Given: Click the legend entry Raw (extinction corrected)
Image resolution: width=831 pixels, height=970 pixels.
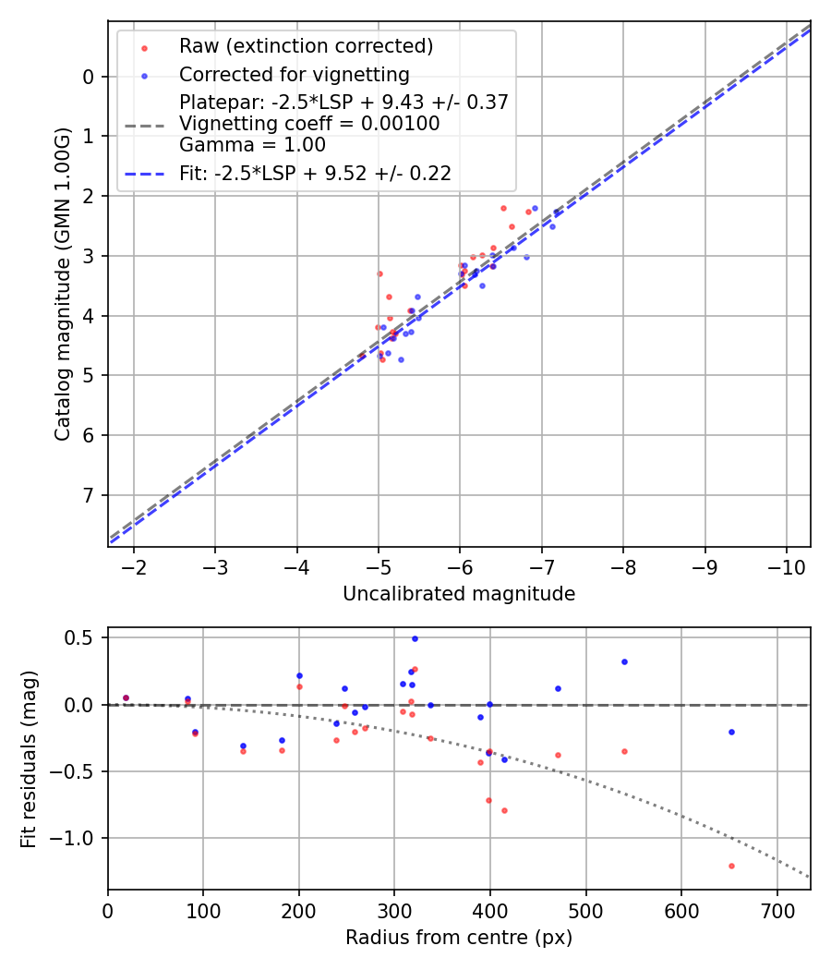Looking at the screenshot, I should click(x=306, y=46).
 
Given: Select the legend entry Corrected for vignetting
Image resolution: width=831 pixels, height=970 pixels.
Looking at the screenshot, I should click(x=294, y=74).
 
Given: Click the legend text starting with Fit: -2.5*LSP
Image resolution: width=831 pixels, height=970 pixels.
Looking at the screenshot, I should click(x=315, y=173).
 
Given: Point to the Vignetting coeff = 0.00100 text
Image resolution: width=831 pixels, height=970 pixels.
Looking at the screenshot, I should click(x=309, y=124).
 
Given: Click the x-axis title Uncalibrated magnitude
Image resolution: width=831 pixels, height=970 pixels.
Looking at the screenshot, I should click(x=459, y=594).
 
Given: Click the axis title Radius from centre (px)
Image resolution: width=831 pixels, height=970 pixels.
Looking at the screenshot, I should click(x=459, y=938).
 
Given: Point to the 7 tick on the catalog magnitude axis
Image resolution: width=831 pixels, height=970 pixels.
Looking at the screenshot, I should click(x=89, y=495).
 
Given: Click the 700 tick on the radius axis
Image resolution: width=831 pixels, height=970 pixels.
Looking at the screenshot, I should click(x=777, y=912).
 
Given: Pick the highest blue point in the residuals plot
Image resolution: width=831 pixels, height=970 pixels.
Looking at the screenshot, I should click(x=415, y=638).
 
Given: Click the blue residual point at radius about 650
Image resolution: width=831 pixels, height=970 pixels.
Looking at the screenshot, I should click(x=731, y=732).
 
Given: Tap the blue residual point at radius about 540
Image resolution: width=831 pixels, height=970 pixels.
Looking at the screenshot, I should click(x=624, y=661).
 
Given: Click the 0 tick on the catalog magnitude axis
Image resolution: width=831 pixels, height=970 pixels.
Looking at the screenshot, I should click(x=89, y=77).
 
